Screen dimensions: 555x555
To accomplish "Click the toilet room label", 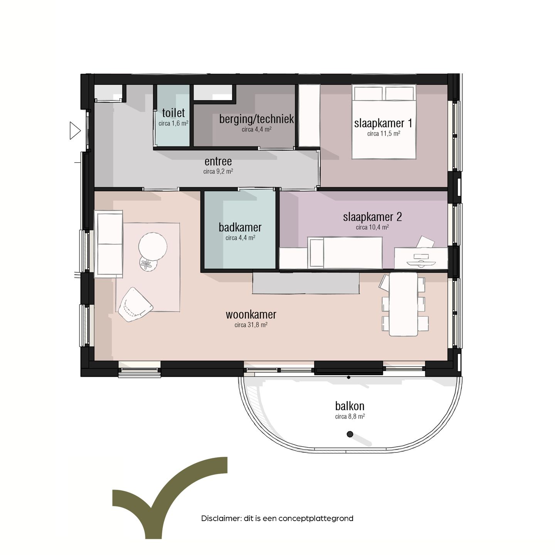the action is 173,113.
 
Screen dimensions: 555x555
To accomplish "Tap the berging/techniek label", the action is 256,119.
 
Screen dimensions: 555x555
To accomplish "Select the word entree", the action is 218,161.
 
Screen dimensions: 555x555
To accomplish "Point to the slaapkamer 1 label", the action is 383,123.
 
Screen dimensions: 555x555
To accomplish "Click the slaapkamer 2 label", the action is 372,217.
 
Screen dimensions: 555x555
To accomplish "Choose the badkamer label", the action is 240,227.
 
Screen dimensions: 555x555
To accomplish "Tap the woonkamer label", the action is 251,314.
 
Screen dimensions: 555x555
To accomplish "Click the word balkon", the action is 350,406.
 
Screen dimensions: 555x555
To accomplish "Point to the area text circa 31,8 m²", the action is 251,325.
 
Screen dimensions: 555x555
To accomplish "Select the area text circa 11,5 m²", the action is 383,134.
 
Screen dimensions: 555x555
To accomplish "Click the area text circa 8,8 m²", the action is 350,417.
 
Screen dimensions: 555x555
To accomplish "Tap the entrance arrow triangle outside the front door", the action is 75,131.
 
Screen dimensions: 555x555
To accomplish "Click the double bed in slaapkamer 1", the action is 384,121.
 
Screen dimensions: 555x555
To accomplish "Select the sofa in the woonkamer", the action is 109,244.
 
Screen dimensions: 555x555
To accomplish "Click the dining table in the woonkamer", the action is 403,304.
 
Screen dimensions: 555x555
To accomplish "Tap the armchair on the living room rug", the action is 135,304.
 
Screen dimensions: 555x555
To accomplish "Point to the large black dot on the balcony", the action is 350,434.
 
